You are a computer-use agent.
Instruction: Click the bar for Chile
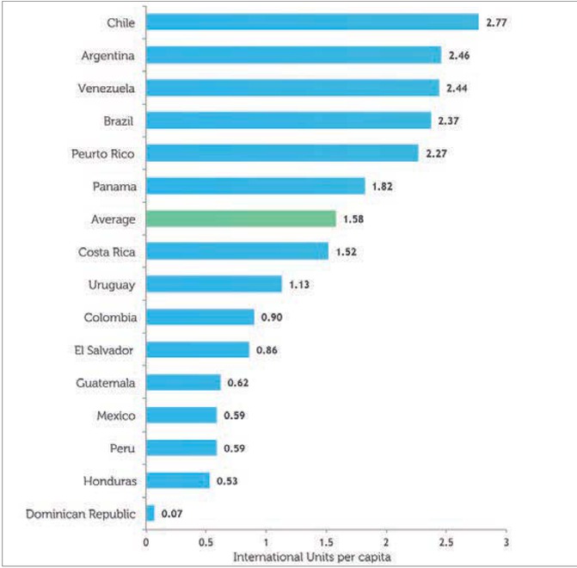coord(312,22)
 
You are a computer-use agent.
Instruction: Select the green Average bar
coord(241,219)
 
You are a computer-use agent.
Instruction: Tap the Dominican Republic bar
coord(150,513)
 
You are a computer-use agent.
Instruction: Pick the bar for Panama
coord(255,186)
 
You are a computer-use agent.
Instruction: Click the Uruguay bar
coord(214,284)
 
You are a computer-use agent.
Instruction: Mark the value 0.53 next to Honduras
coord(228,481)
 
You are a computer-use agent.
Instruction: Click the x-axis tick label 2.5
coord(446,544)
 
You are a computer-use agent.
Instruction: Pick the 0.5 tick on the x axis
coord(206,544)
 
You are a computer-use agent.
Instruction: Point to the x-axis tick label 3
coord(506,544)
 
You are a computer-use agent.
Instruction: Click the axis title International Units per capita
coord(311,556)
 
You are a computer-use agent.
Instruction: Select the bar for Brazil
coord(288,120)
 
